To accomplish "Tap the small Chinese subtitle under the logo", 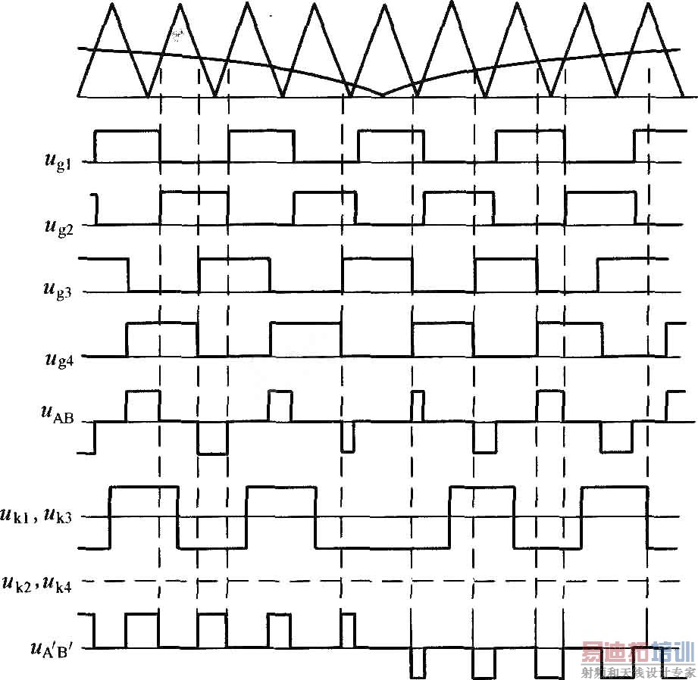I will click(x=638, y=672).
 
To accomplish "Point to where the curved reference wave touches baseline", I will click(x=383, y=96).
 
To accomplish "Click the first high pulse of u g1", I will click(x=127, y=132).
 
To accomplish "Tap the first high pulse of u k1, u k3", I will click(x=144, y=488).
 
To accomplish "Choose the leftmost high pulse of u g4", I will click(x=161, y=323).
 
